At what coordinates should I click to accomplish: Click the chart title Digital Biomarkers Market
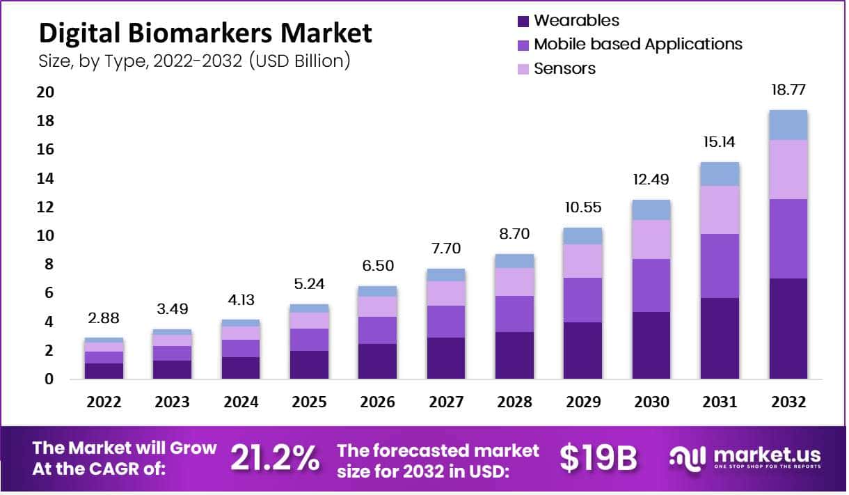pos(205,33)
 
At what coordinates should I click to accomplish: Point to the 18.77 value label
pos(788,90)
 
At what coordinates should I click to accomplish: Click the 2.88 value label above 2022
pos(104,318)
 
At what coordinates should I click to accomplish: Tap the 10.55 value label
pos(582,208)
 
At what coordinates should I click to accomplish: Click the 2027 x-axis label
pos(445,402)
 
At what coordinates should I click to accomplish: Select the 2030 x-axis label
pos(651,402)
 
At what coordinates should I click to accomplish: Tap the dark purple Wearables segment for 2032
pos(788,329)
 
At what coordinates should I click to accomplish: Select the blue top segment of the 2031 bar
pos(720,174)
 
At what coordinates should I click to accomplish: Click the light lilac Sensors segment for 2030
pos(651,239)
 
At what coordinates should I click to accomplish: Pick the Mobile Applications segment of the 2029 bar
pos(582,300)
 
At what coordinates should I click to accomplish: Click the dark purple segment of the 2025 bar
pos(309,365)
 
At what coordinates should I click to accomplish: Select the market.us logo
pos(745,457)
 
